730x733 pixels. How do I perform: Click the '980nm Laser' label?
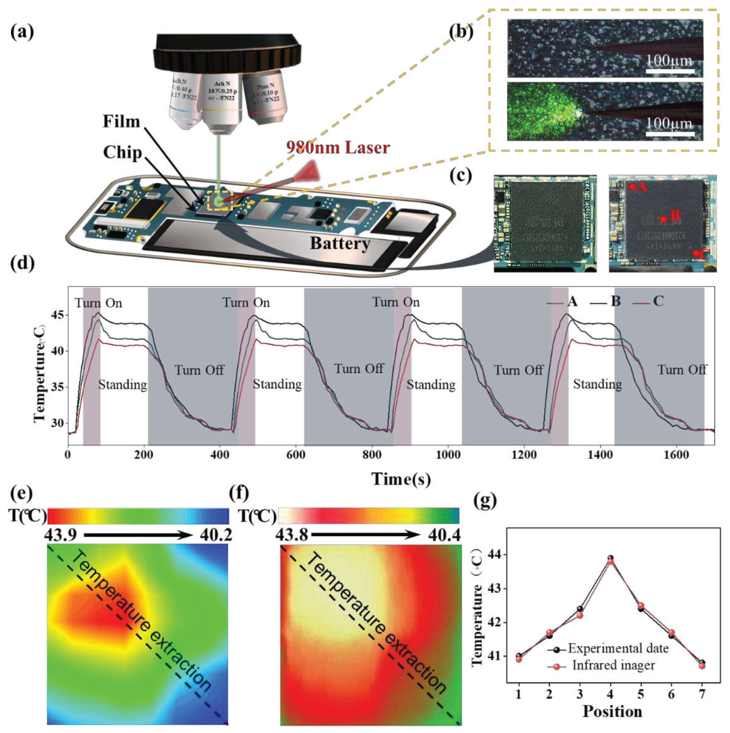tap(338, 148)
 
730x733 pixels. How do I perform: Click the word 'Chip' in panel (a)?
tap(123, 152)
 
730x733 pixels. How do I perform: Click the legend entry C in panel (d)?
tap(658, 302)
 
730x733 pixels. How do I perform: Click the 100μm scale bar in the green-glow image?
tap(670, 133)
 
